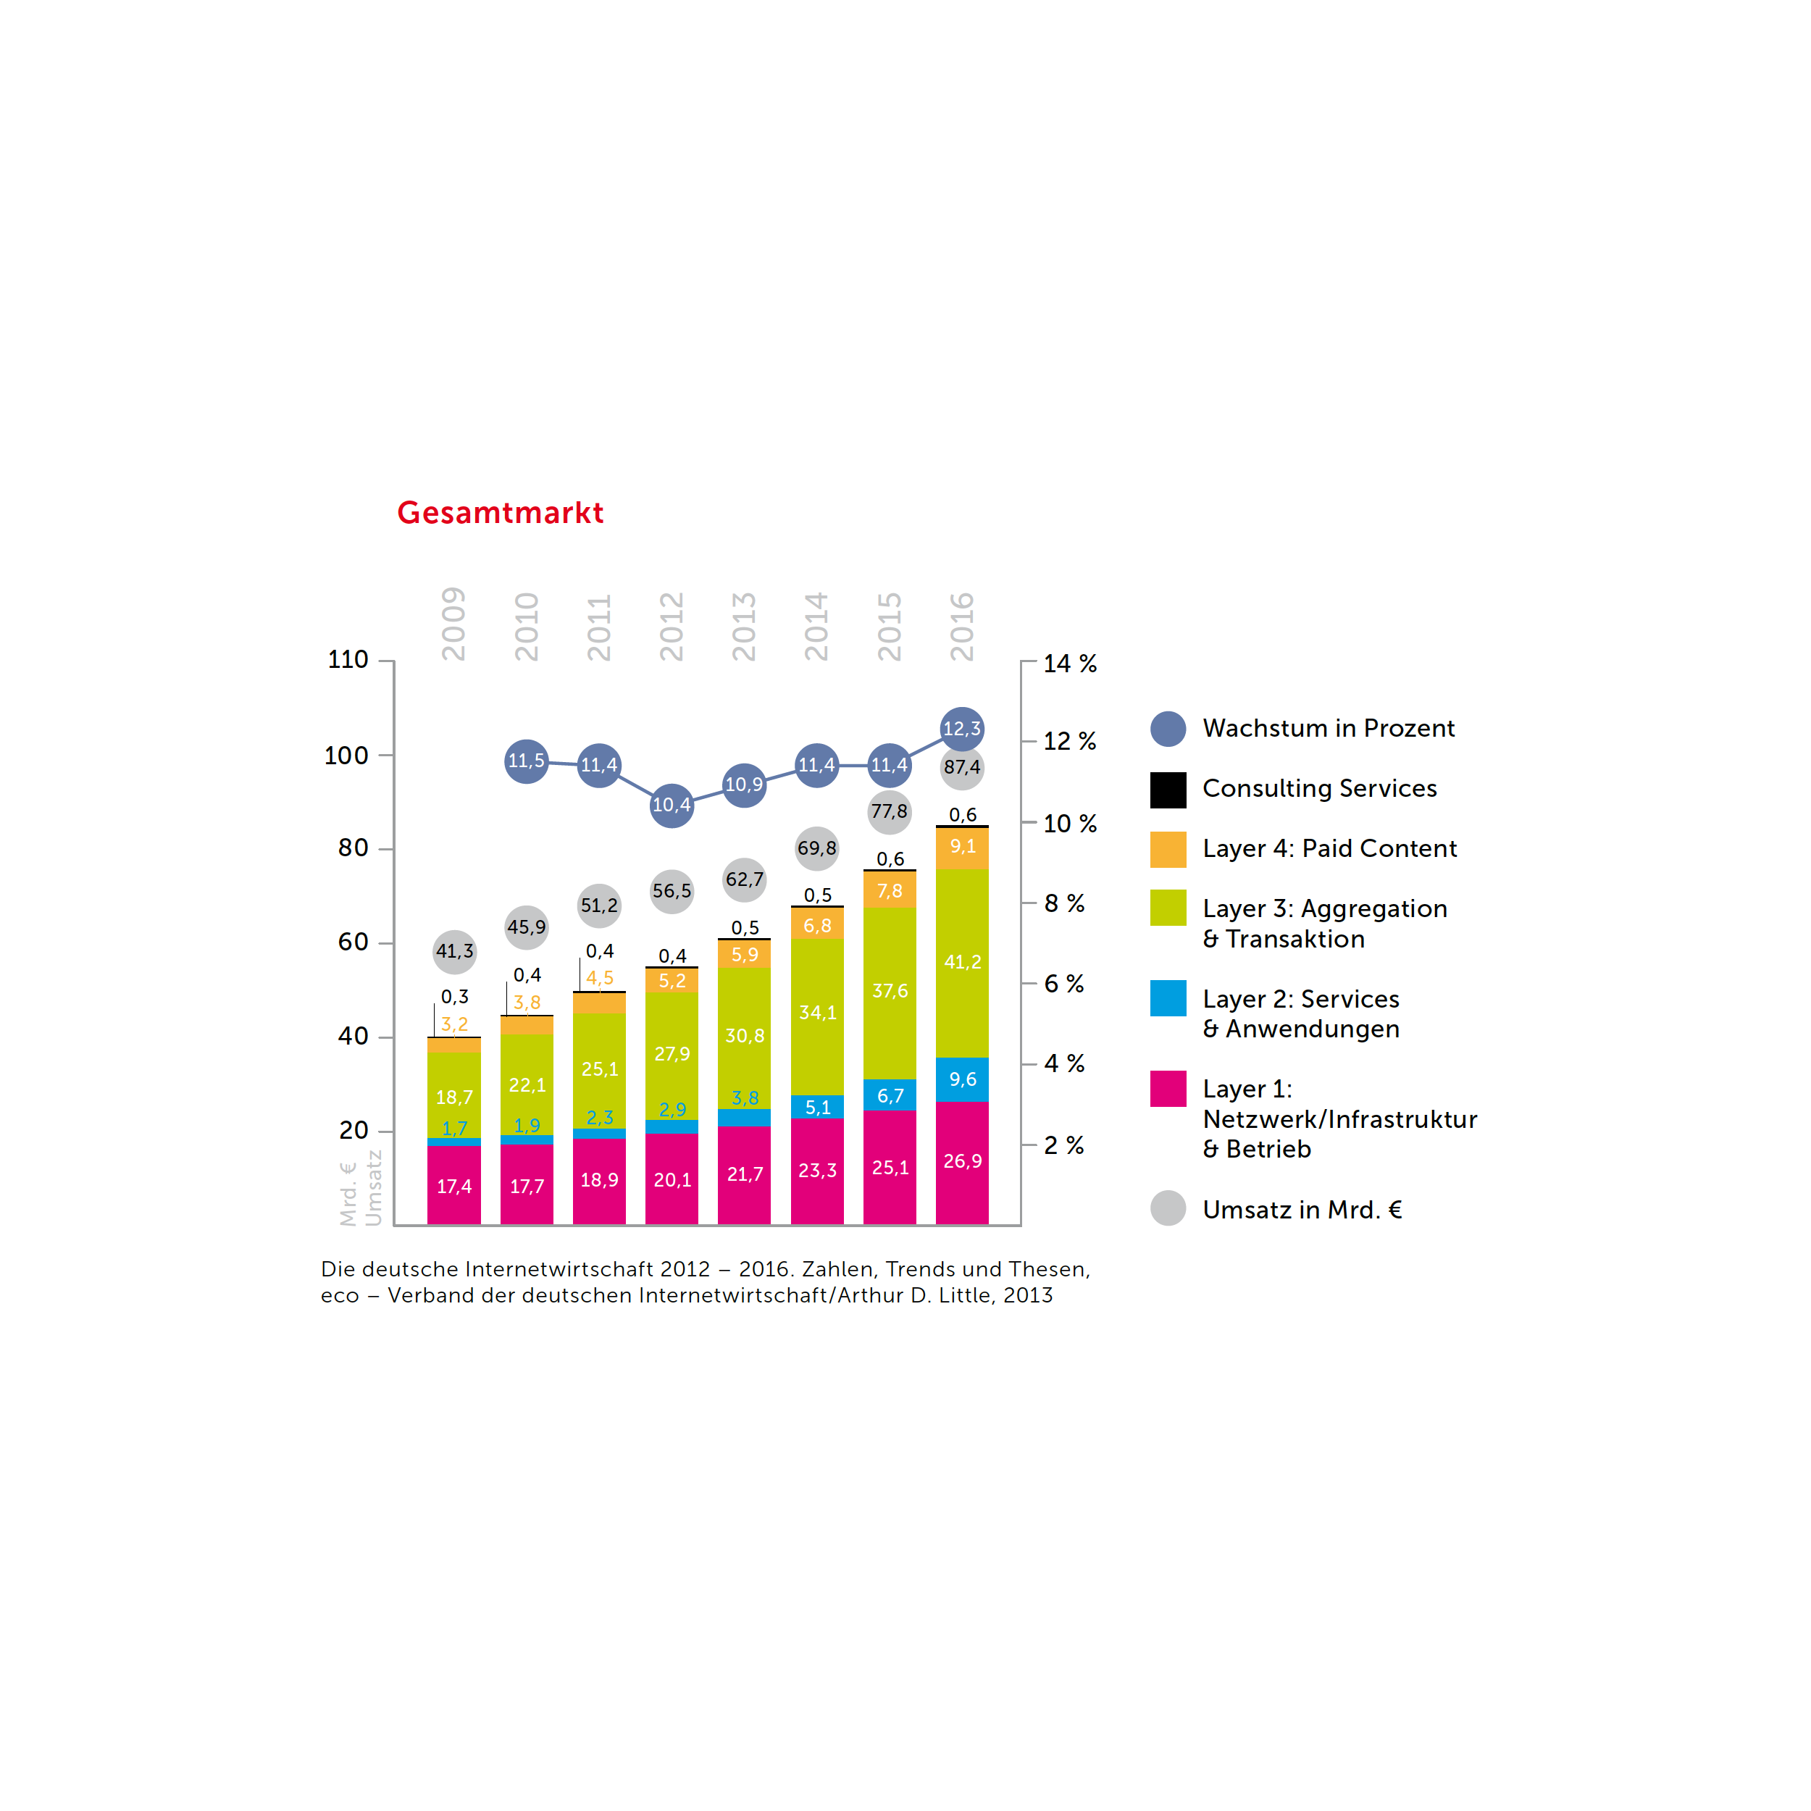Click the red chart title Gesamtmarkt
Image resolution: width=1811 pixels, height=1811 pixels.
pyautogui.click(x=500, y=513)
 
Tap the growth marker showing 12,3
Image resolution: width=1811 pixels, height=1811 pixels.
pyautogui.click(x=962, y=728)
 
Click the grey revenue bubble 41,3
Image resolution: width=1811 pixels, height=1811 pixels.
pyautogui.click(x=455, y=951)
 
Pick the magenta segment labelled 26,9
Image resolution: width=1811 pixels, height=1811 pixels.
pyautogui.click(x=962, y=1163)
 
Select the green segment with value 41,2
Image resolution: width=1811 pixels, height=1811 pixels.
pyautogui.click(x=962, y=963)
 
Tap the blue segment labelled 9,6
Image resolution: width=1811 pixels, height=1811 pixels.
pyautogui.click(x=962, y=1079)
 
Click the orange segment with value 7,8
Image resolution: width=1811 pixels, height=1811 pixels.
pyautogui.click(x=890, y=890)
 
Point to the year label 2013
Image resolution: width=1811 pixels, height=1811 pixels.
pyautogui.click(x=743, y=626)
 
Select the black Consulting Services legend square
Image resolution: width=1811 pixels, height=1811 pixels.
pyautogui.click(x=1168, y=790)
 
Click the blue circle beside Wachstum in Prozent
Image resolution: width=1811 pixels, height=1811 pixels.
pyautogui.click(x=1168, y=728)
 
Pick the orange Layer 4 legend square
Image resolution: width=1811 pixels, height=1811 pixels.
pyautogui.click(x=1168, y=849)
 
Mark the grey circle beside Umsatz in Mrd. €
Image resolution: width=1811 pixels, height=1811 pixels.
pyautogui.click(x=1168, y=1208)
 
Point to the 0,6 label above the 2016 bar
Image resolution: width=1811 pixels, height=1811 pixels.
pyautogui.click(x=963, y=814)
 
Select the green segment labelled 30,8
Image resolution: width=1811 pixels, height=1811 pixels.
pyautogui.click(x=744, y=1037)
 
